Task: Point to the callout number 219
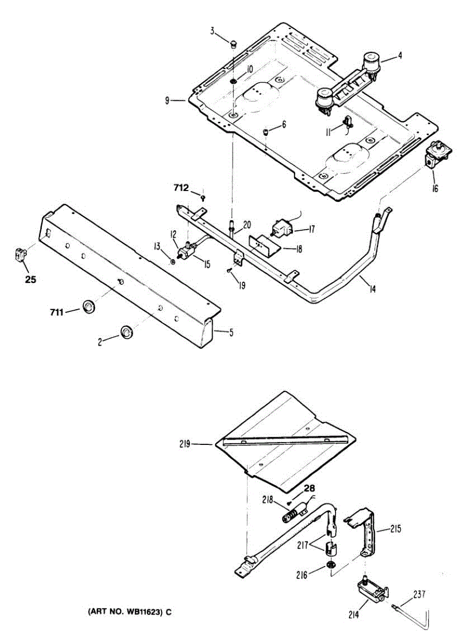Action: tap(187, 444)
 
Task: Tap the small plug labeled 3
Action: tap(234, 43)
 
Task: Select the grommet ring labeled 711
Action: tap(87, 306)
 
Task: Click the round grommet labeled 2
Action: tap(127, 332)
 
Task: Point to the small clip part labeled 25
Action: tap(20, 254)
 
